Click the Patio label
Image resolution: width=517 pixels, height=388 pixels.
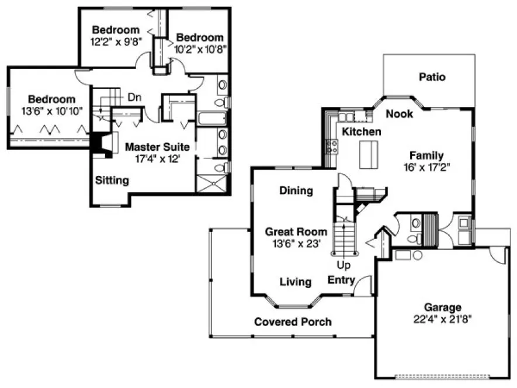[x=432, y=77]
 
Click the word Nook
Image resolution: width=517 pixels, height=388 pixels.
[x=400, y=113]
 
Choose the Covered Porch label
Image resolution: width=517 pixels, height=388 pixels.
[x=293, y=321]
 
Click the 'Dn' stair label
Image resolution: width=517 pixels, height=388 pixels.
[x=134, y=97]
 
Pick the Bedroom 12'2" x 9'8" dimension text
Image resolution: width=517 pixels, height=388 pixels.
[x=116, y=42]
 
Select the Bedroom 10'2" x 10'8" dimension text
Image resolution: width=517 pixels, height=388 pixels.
[x=200, y=49]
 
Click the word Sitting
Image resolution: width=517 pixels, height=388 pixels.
[x=112, y=180]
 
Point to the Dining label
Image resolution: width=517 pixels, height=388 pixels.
[x=296, y=190]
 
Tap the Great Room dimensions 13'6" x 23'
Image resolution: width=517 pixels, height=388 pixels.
[x=296, y=244]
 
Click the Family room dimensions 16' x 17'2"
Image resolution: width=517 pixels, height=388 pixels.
[x=426, y=167]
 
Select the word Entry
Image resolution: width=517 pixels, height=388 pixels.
[x=341, y=280]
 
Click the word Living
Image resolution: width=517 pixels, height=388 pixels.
[x=295, y=282]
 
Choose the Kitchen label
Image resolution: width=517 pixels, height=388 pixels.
[x=362, y=131]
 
